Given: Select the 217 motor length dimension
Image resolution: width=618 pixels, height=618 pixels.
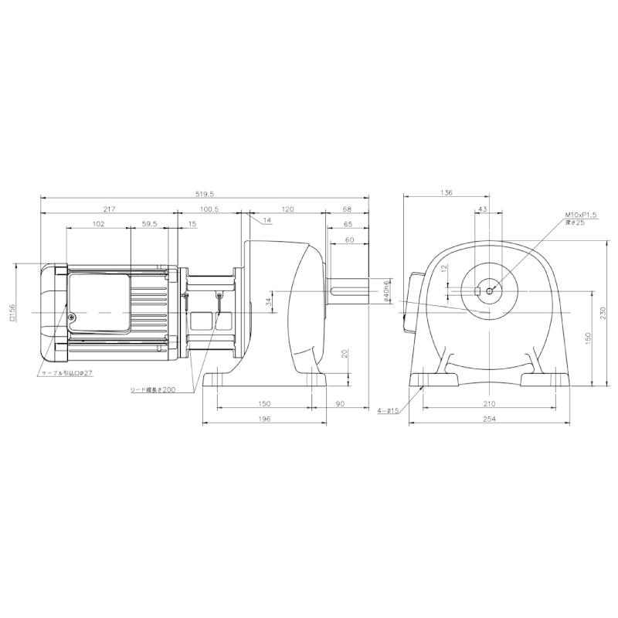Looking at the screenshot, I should pos(107,209).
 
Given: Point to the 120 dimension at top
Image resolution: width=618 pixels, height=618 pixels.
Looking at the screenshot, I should pos(287,209).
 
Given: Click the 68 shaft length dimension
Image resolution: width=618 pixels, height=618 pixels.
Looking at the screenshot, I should pos(347,209).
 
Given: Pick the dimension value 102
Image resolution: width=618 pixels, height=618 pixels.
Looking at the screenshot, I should pos(98,223).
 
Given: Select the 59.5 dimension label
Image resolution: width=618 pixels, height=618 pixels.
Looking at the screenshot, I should pos(150,223).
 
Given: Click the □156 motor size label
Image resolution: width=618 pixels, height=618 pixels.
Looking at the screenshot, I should pos(12,311).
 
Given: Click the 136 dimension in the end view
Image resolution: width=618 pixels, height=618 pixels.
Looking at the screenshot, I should pos(447,194).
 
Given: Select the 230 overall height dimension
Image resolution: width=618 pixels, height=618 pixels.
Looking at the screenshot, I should pos(604,311).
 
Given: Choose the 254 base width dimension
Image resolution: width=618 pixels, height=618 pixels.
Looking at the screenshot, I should pos(490,419).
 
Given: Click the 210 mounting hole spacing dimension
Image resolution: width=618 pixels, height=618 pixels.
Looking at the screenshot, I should pos(490,404).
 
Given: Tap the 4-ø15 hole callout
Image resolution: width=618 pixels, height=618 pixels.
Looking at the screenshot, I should pos(388,411).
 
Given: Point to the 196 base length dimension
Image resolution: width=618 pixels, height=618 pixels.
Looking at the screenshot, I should pos(263,419).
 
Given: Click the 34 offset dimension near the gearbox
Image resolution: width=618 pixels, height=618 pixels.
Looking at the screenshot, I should pos(269,300).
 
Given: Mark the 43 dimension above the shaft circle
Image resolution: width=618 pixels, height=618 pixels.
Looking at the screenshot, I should pos(483,209).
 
